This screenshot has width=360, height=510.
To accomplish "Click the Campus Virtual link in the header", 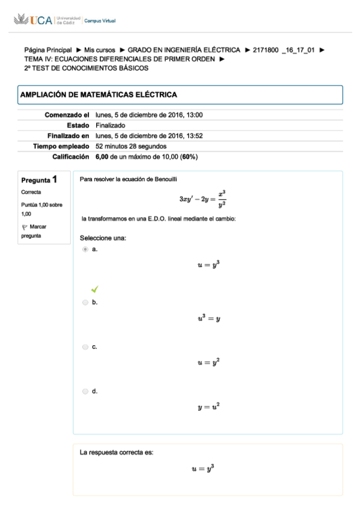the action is pyautogui.click(x=100, y=21).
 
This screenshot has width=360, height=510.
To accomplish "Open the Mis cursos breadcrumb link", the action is pyautogui.click(x=100, y=50).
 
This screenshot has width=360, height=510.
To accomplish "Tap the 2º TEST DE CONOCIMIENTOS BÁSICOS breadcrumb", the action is pyautogui.click(x=86, y=68).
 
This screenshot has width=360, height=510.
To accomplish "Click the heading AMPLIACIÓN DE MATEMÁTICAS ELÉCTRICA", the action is pyautogui.click(x=99, y=94).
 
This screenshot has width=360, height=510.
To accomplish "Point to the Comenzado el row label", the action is pyautogui.click(x=67, y=115).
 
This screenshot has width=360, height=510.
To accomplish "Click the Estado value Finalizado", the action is pyautogui.click(x=110, y=125).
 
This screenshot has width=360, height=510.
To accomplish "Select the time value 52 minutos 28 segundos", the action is pyautogui.click(x=131, y=146).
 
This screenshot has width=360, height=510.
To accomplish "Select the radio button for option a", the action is pyautogui.click(x=85, y=249).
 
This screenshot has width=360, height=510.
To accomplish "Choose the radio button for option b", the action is pyautogui.click(x=85, y=303).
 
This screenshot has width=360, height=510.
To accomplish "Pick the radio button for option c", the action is pyautogui.click(x=85, y=347).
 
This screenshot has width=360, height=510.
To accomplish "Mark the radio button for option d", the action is pyautogui.click(x=85, y=392).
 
